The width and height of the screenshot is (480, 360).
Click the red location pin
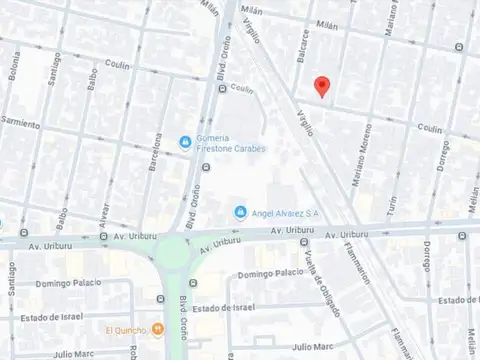pyautogui.click(x=321, y=86)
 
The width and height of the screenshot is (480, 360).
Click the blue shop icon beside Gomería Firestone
pyautogui.click(x=185, y=142)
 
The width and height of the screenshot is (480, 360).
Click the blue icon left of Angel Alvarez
pyautogui.click(x=240, y=211)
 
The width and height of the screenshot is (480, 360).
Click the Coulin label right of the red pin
pyautogui.click(x=429, y=128)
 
